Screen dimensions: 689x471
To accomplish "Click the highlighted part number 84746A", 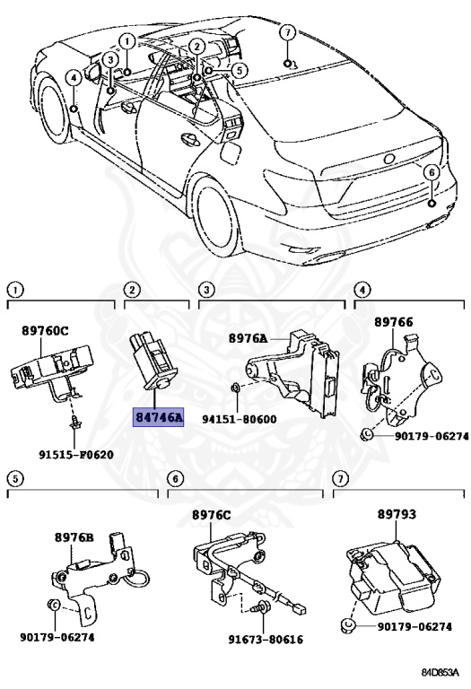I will tap(158, 418).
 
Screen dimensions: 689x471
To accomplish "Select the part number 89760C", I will tap(45, 330).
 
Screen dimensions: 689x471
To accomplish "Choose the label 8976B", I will tap(74, 537).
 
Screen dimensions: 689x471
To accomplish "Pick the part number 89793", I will tap(395, 517).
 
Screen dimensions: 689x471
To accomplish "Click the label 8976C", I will tap(211, 515).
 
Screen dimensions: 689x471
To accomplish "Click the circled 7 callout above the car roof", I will tap(287, 32).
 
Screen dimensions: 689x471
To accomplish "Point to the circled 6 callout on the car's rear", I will tap(431, 172).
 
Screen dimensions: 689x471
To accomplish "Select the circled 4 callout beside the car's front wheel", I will tap(73, 78).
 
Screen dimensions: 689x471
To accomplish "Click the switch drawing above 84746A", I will tap(152, 362).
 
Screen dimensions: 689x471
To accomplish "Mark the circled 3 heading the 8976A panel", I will tap(205, 289).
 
